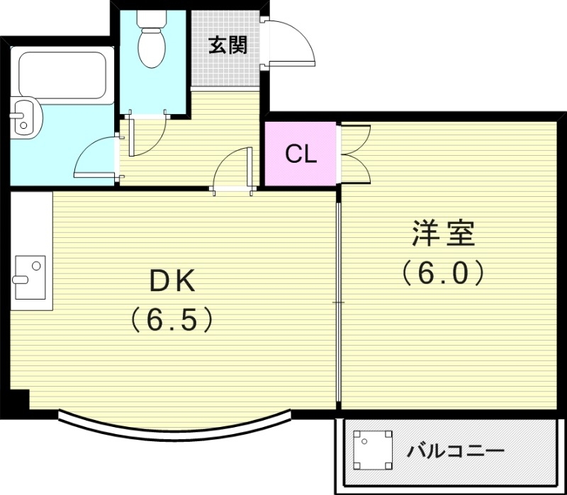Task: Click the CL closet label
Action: pos(300,154)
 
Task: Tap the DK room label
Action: pos(170,282)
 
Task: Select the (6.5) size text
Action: pos(171,320)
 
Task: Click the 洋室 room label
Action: pos(443,233)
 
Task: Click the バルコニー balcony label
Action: pos(456,451)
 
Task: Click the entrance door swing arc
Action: pos(292,42)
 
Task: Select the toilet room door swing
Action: pos(147,135)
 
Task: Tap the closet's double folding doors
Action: pos(354,154)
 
